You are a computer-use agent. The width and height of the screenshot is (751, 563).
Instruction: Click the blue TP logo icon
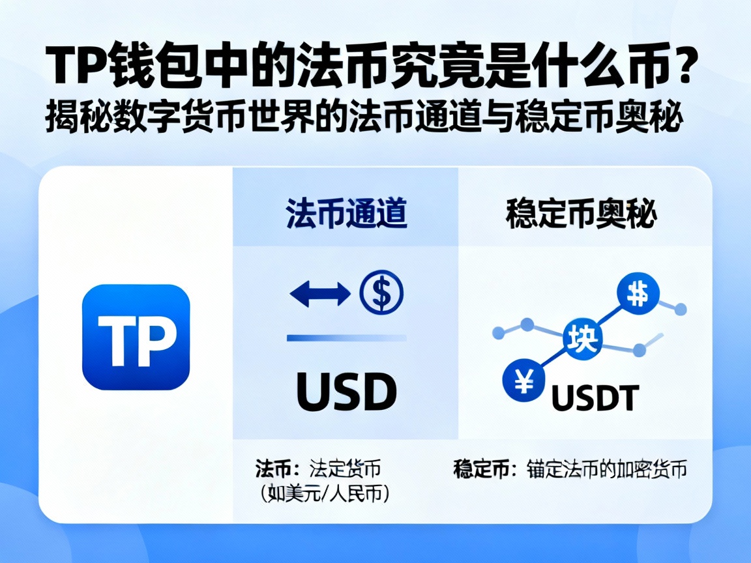pyautogui.click(x=136, y=337)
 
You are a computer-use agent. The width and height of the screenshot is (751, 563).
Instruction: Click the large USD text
pyautogui.click(x=346, y=392)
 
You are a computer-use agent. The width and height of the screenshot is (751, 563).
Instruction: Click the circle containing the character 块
pyautogui.click(x=582, y=338)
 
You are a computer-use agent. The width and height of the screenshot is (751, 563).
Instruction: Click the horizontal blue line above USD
pyautogui.click(x=346, y=338)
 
